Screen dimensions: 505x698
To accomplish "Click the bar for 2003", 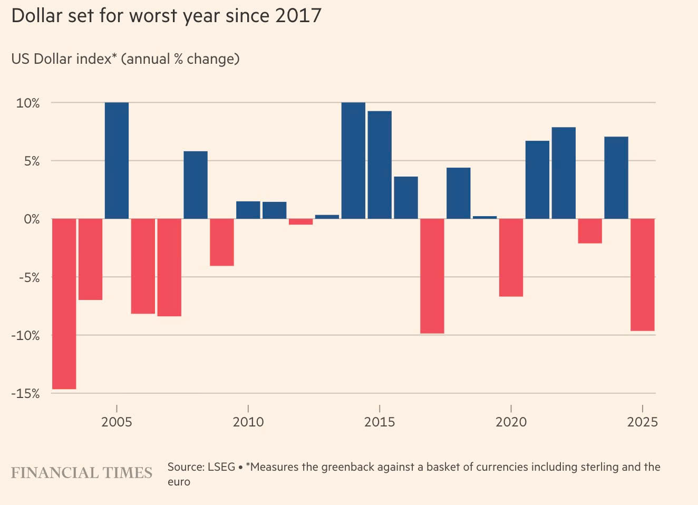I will click(64, 304).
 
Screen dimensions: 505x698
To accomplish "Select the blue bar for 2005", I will click(117, 160).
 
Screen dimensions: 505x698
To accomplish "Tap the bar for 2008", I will click(196, 184).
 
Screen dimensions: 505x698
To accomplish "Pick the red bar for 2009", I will click(222, 242).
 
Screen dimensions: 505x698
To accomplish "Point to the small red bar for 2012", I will click(300, 222).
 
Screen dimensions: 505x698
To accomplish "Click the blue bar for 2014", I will click(353, 160).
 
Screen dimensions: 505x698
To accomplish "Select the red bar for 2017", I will click(432, 276).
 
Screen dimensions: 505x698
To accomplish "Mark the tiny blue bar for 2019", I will click(484, 217).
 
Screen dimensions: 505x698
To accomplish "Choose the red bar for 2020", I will click(511, 257).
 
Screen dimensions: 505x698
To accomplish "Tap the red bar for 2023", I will click(590, 231).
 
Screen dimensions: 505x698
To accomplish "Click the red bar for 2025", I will click(643, 275).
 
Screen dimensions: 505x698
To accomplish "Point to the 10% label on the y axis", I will click(28, 103).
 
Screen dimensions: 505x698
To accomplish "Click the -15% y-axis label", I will click(25, 394).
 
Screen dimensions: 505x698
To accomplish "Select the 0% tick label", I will click(31, 219).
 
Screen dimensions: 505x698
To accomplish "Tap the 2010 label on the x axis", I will click(248, 422).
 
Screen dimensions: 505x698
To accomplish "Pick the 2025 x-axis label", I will click(643, 422).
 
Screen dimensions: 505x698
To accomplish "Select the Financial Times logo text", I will click(82, 473).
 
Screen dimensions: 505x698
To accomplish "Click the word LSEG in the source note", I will click(221, 467).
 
